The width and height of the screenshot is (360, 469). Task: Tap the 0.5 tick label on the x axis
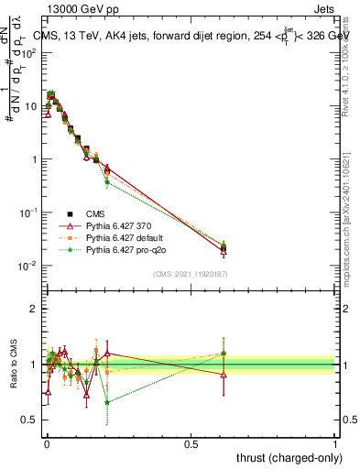pyautogui.click(x=191, y=442)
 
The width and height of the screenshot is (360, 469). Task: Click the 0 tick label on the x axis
pyautogui.click(x=46, y=442)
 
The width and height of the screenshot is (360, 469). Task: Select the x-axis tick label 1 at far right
pyautogui.click(x=335, y=442)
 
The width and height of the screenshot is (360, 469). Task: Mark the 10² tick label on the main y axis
pyautogui.click(x=27, y=53)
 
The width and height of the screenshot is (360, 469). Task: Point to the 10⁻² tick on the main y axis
pyautogui.click(x=27, y=266)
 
